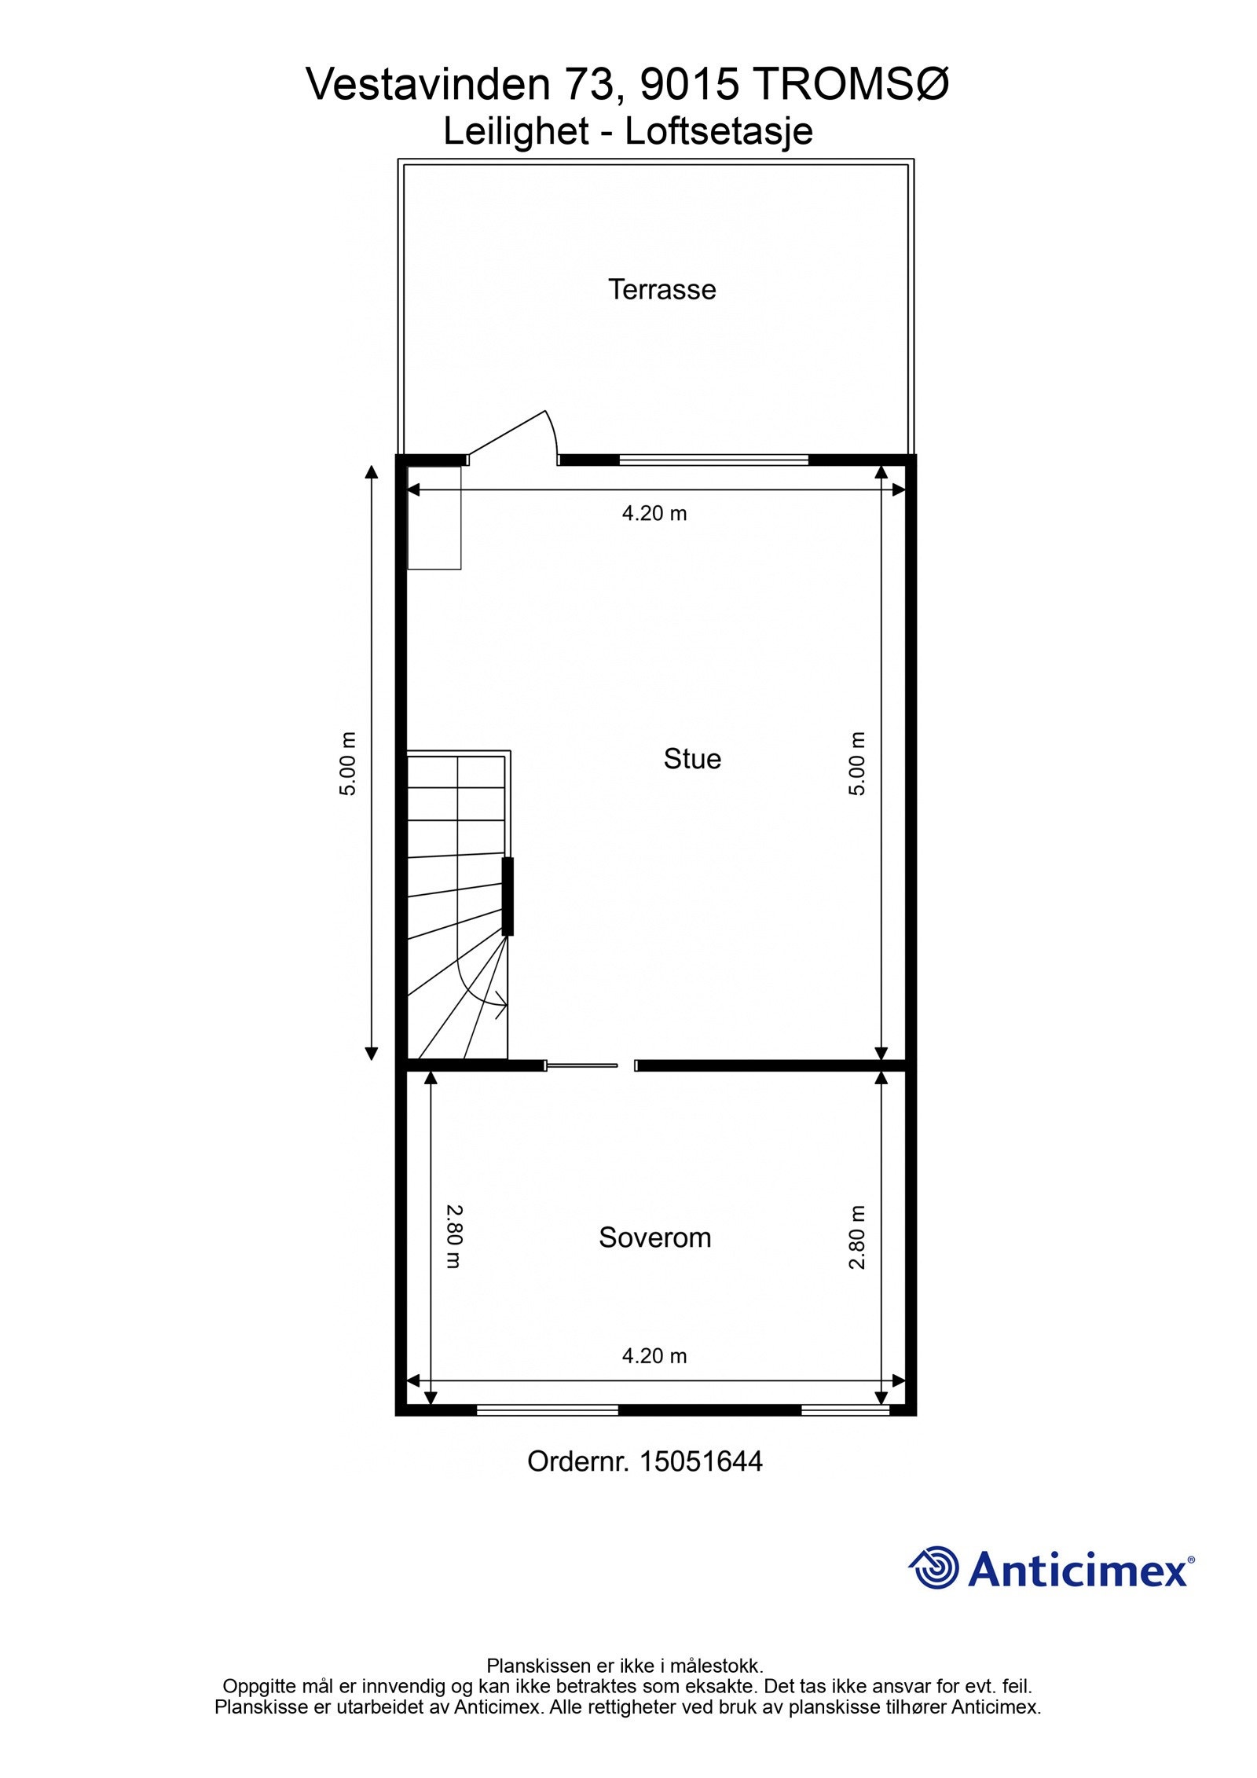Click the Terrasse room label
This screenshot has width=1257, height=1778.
pos(661,290)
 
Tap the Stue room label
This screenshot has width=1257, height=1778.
pos(691,759)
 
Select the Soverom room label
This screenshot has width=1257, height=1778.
pos(654,1237)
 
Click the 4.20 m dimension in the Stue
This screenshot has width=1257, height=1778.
pos(654,514)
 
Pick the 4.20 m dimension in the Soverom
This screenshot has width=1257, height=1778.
pos(654,1356)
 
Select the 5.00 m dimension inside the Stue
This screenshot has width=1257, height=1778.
pos(857,763)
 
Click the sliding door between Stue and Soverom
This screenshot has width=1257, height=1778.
pos(582,1065)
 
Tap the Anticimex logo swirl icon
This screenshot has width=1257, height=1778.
pos(935,1567)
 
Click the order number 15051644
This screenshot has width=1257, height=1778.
pos(701,1461)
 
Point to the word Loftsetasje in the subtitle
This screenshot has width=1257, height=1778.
pos(718,131)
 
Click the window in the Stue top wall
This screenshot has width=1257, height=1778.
pos(713,460)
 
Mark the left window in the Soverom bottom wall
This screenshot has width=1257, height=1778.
pos(548,1410)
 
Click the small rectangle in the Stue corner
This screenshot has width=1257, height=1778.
pos(434,517)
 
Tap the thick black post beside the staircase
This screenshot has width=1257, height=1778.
pos(508,896)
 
